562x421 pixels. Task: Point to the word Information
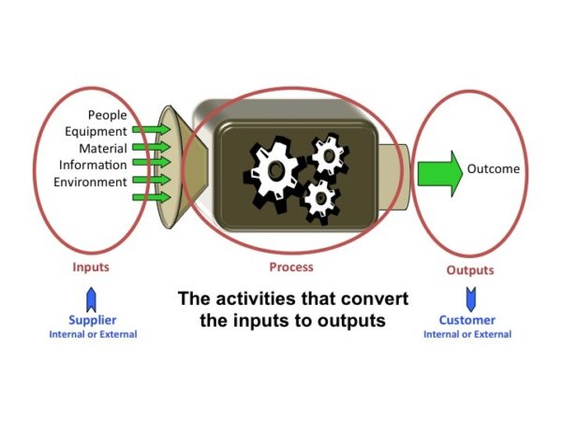coord(92,165)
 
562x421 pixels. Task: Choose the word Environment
coord(90,181)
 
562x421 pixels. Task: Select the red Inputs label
coord(91,267)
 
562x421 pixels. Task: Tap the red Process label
coord(290,267)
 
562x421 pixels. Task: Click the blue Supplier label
coord(93,320)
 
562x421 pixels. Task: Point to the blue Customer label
coord(466,320)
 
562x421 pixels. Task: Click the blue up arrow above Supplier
coord(92,298)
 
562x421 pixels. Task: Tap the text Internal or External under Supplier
coord(93,334)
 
